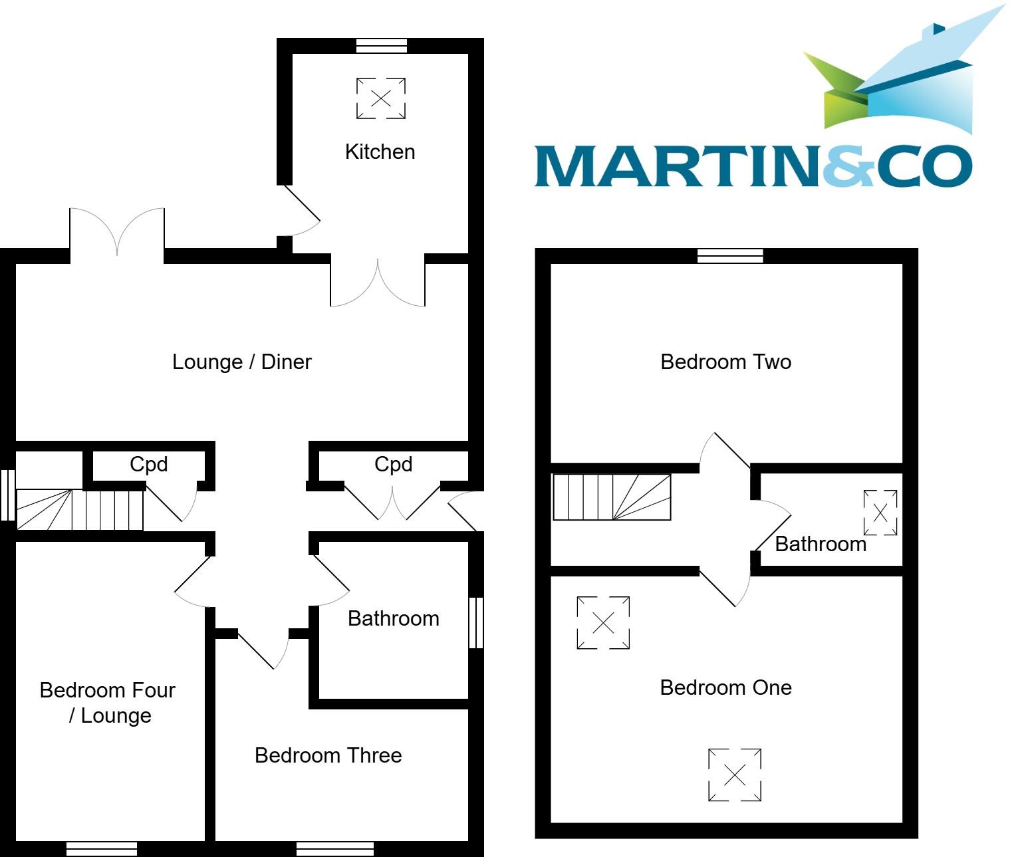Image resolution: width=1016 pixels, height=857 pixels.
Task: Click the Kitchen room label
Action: click(x=380, y=152)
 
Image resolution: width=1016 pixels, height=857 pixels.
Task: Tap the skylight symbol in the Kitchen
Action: click(x=380, y=98)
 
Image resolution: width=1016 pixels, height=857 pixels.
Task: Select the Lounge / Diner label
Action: click(x=241, y=362)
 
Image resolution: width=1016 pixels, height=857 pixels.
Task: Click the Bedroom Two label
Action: click(x=725, y=362)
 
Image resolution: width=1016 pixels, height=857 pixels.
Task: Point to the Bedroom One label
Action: click(x=725, y=687)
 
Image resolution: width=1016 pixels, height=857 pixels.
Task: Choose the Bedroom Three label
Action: click(x=328, y=755)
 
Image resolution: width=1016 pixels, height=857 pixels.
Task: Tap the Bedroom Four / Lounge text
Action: click(x=108, y=703)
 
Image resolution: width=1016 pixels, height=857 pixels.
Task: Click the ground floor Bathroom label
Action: click(x=393, y=618)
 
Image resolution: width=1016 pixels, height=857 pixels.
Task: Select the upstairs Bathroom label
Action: click(x=821, y=544)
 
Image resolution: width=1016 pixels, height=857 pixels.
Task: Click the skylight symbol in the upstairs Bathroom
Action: click(x=880, y=513)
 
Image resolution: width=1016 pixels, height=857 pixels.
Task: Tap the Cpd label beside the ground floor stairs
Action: click(x=148, y=464)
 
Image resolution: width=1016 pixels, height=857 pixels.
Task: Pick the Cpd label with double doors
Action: click(x=393, y=464)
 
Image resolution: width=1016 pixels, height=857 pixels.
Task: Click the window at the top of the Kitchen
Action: click(x=382, y=46)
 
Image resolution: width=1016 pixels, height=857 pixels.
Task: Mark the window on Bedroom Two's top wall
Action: click(x=730, y=256)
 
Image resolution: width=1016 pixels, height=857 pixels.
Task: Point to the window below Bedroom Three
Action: click(x=334, y=849)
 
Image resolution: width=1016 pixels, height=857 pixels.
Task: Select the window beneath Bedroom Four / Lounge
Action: click(x=101, y=849)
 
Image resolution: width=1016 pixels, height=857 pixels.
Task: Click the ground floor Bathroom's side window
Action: click(x=476, y=622)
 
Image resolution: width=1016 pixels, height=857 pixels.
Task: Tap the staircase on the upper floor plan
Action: click(x=612, y=497)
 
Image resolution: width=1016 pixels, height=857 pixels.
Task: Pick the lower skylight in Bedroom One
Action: click(x=734, y=775)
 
